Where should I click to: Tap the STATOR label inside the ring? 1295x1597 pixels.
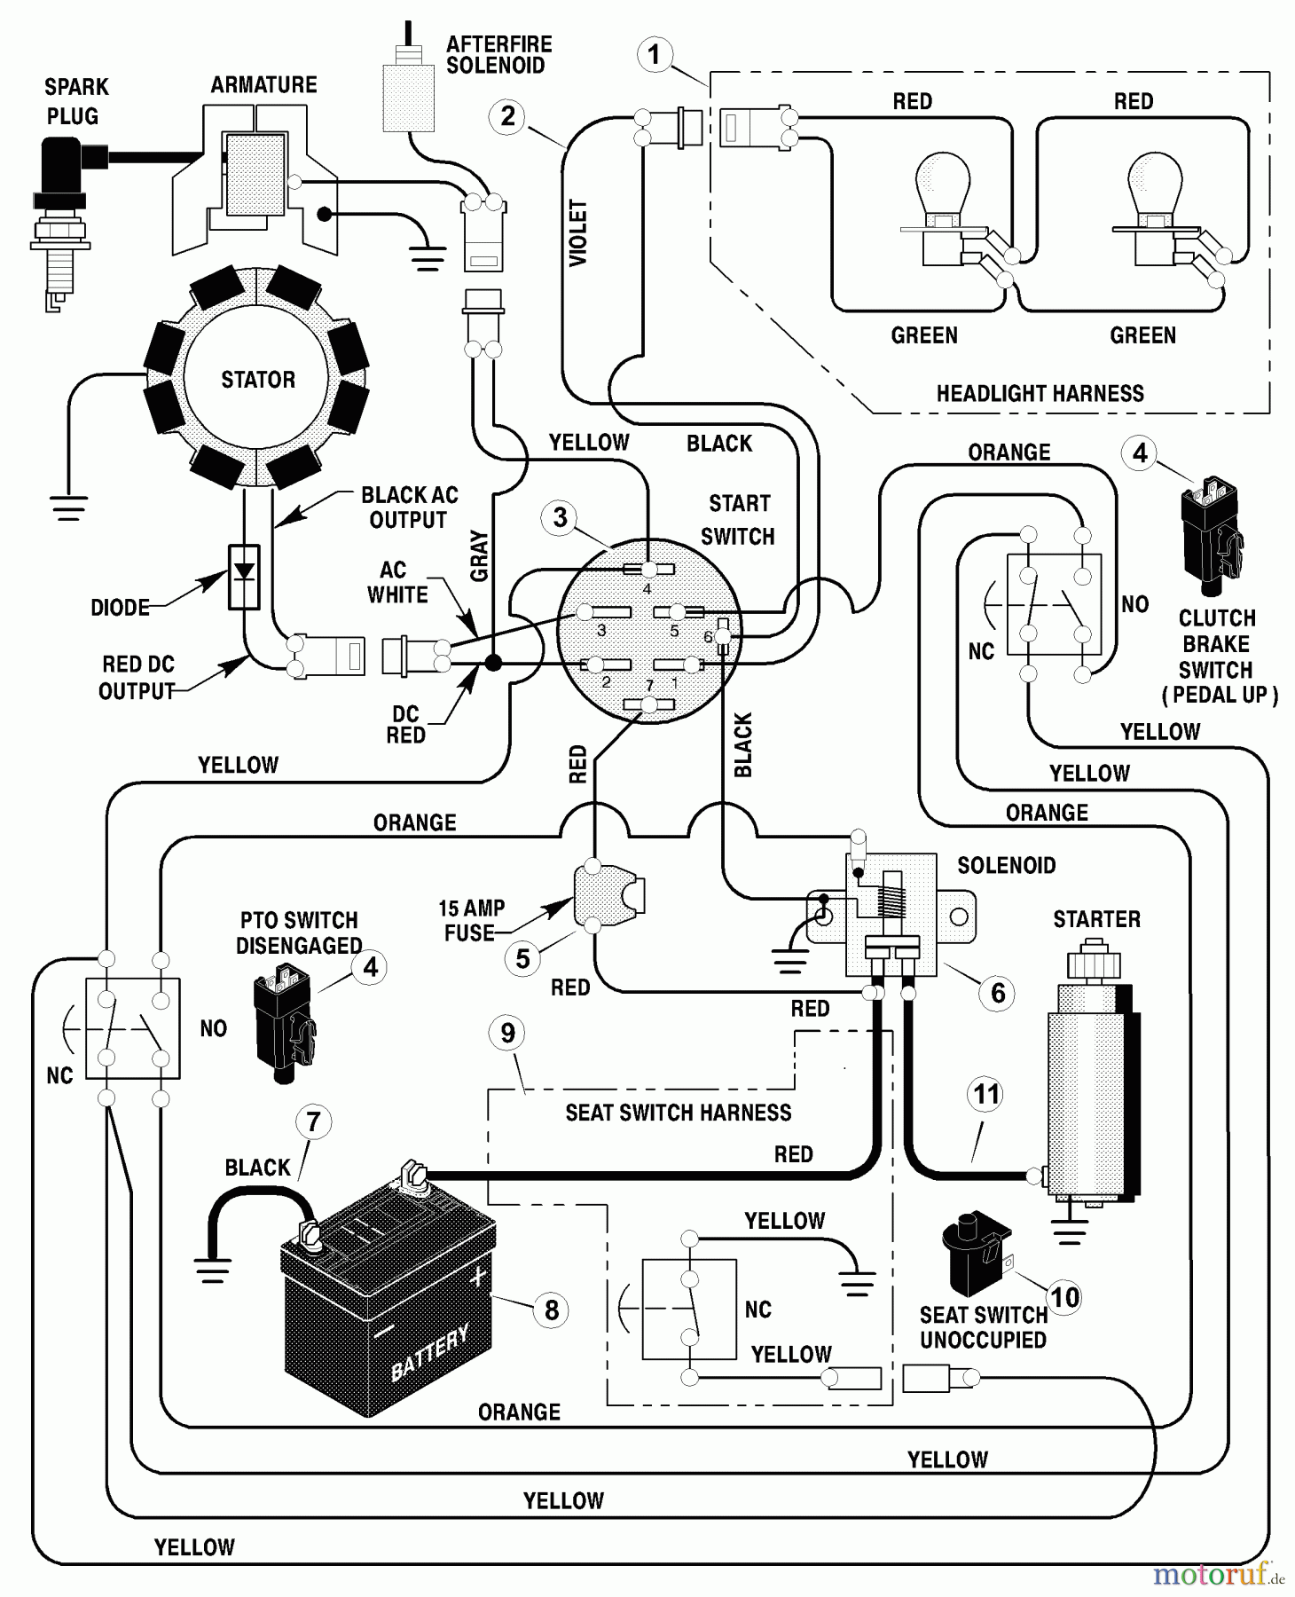(257, 380)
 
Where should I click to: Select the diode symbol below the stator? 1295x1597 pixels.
(244, 577)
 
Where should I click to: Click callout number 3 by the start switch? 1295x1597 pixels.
(560, 517)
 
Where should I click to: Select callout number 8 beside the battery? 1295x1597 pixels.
(552, 1310)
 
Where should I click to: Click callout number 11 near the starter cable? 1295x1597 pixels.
(986, 1095)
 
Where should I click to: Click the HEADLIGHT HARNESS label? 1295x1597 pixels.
(1040, 393)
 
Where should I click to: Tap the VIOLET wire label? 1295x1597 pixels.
(578, 232)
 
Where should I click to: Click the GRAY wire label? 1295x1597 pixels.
(480, 555)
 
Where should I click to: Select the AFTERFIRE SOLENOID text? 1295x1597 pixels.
(498, 55)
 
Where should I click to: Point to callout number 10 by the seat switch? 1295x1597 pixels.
(1064, 1297)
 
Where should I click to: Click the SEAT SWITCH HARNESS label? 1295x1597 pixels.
(678, 1113)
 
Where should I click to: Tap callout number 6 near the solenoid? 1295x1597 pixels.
(997, 993)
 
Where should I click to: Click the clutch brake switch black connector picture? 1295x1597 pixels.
(1211, 537)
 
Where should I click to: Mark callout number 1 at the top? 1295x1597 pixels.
(654, 55)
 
